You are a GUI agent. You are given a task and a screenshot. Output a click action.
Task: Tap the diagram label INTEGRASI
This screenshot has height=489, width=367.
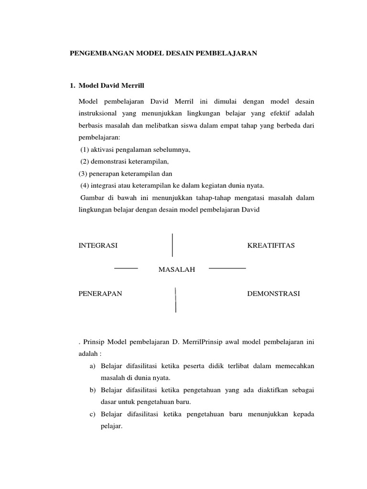(97, 245)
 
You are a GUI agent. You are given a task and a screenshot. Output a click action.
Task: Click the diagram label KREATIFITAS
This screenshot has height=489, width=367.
(271, 245)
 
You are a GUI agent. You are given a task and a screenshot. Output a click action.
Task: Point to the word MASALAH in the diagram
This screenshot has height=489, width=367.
(177, 270)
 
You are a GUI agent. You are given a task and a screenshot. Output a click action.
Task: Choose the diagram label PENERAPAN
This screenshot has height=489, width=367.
(100, 294)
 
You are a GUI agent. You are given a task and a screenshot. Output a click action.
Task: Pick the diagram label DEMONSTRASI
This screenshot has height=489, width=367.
(273, 294)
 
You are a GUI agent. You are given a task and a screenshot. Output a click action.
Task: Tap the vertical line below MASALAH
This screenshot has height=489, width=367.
(176, 300)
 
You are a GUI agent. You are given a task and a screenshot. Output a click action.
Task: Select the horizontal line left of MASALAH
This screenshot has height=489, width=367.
(126, 268)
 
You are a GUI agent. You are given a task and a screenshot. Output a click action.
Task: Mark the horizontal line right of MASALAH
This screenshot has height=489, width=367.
(227, 268)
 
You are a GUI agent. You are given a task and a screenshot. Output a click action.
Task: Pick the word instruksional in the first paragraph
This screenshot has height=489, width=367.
(96, 114)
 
